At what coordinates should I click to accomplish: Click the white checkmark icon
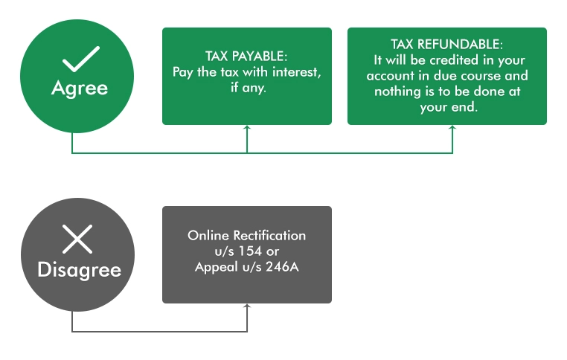point(80,57)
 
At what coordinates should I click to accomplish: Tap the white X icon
point(77,240)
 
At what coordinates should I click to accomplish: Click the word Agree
point(80,88)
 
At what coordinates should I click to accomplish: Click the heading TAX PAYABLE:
point(246,57)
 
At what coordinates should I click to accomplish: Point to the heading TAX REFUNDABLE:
point(446,45)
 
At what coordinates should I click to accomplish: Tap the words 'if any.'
point(247,88)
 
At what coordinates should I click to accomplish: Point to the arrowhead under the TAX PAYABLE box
point(247,129)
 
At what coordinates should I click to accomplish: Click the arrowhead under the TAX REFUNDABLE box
point(452,129)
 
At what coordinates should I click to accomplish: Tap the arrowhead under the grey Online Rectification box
point(247,307)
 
